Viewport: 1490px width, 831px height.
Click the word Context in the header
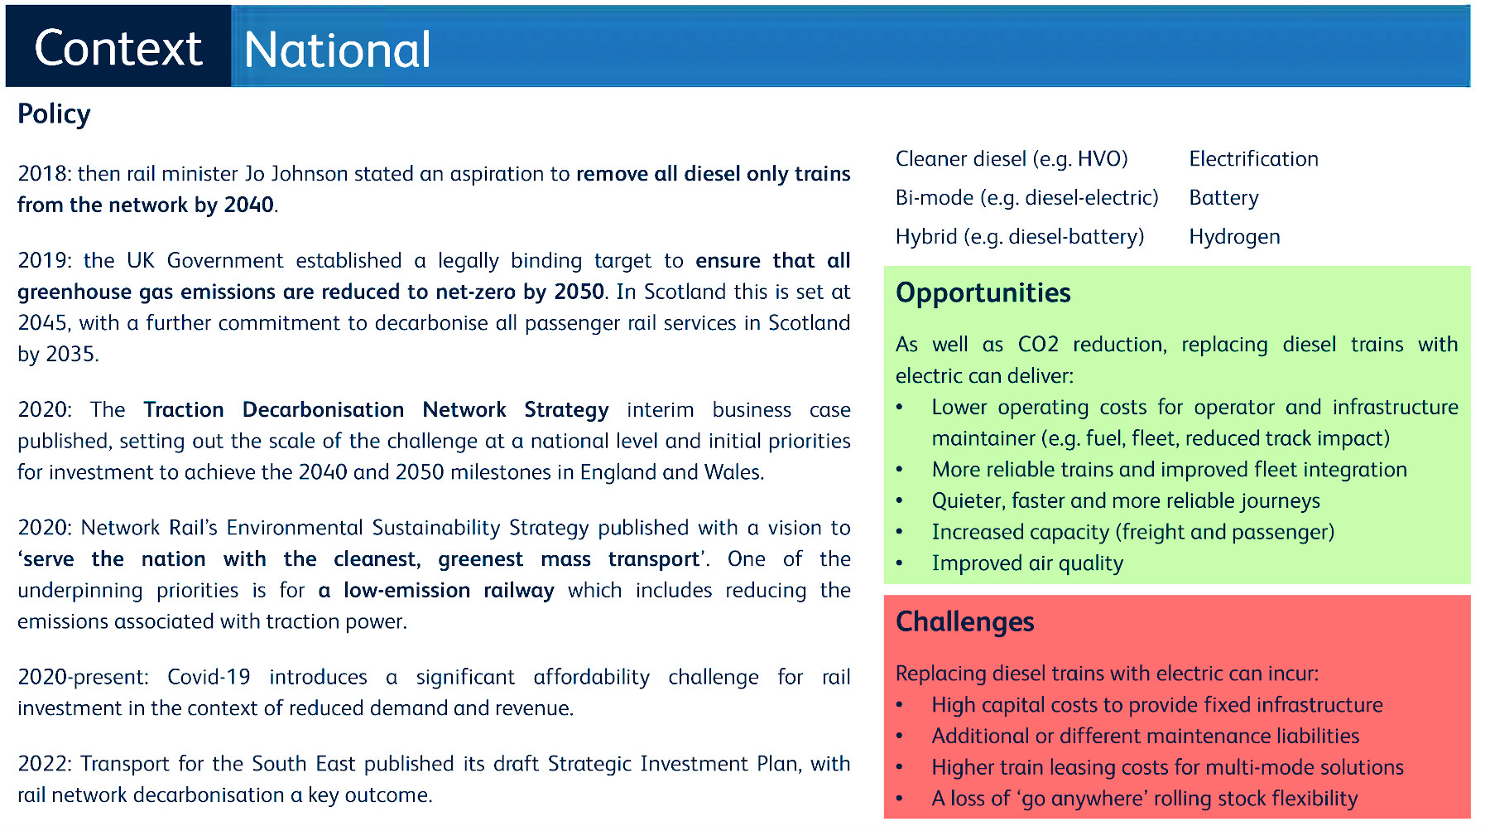[118, 48]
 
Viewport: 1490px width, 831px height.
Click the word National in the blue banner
[337, 50]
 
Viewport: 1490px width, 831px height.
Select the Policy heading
[54, 114]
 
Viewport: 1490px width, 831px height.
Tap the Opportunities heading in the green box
[983, 293]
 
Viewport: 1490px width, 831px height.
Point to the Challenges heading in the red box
[964, 622]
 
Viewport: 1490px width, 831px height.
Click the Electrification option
[1253, 159]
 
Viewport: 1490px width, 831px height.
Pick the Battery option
[1223, 198]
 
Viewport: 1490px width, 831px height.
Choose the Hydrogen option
[1234, 237]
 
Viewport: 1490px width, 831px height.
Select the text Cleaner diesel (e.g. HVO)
[1012, 159]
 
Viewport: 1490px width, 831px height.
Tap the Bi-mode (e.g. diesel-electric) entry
[1026, 198]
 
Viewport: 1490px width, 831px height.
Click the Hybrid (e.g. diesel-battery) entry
[1020, 237]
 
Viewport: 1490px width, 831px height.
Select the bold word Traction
[184, 410]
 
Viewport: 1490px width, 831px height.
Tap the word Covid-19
[209, 678]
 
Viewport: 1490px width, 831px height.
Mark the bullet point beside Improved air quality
[900, 564]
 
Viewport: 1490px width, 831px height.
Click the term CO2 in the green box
[1038, 345]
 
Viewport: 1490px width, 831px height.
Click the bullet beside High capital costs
[900, 706]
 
